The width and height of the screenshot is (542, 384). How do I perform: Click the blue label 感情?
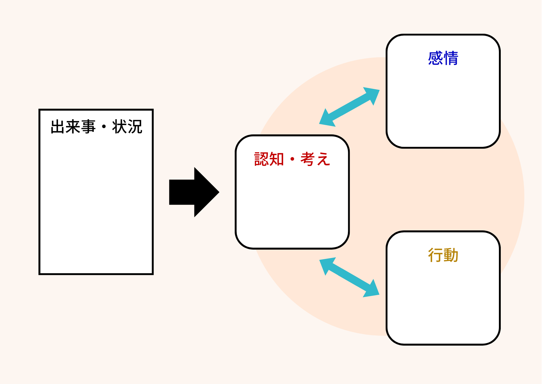tap(443, 58)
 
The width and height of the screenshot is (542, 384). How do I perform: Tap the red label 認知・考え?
tap(292, 159)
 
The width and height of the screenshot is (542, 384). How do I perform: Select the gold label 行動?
tap(443, 255)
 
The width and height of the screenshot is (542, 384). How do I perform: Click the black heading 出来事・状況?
tap(96, 127)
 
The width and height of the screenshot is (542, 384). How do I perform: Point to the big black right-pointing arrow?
tap(194, 192)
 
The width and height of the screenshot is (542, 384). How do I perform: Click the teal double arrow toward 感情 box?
tap(349, 107)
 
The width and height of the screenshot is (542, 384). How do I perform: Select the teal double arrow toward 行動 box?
tap(349, 277)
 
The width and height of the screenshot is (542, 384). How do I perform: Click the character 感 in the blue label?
tap(435, 58)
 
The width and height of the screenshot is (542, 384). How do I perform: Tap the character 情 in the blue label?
tap(451, 58)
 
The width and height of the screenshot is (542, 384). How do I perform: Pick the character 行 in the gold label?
tap(435, 255)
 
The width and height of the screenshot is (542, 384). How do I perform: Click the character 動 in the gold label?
tap(451, 255)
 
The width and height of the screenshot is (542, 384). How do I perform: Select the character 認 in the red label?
tap(261, 159)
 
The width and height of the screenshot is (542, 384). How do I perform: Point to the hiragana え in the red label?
tap(323, 159)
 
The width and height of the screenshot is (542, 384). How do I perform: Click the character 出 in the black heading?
tap(58, 127)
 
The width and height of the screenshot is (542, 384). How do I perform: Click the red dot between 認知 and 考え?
tap(292, 159)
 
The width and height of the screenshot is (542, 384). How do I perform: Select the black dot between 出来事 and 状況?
tap(104, 127)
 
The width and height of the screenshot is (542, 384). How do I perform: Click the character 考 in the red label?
tap(308, 159)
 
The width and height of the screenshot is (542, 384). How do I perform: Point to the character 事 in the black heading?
tap(89, 127)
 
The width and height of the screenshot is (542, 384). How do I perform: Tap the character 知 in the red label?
tap(277, 159)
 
